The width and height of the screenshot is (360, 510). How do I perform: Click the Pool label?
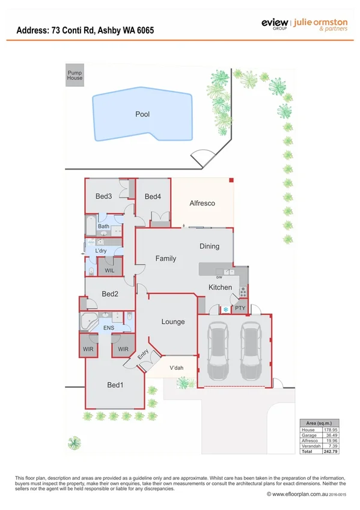click(142, 114)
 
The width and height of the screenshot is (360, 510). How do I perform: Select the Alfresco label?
click(202, 203)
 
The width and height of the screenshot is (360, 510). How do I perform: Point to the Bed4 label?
click(153, 197)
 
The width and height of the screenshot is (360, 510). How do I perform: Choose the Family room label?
click(166, 259)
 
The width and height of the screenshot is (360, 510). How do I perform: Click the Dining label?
click(209, 246)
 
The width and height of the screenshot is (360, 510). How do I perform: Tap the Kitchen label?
click(220, 287)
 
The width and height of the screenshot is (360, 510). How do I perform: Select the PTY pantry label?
click(240, 309)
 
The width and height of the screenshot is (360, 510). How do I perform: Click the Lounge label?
click(172, 322)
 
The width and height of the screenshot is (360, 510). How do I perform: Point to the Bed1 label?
click(115, 385)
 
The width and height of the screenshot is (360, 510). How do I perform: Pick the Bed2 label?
click(109, 294)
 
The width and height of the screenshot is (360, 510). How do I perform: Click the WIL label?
click(109, 271)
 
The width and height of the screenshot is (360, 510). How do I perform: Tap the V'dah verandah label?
click(176, 368)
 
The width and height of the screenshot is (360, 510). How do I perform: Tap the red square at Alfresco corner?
click(231, 180)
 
